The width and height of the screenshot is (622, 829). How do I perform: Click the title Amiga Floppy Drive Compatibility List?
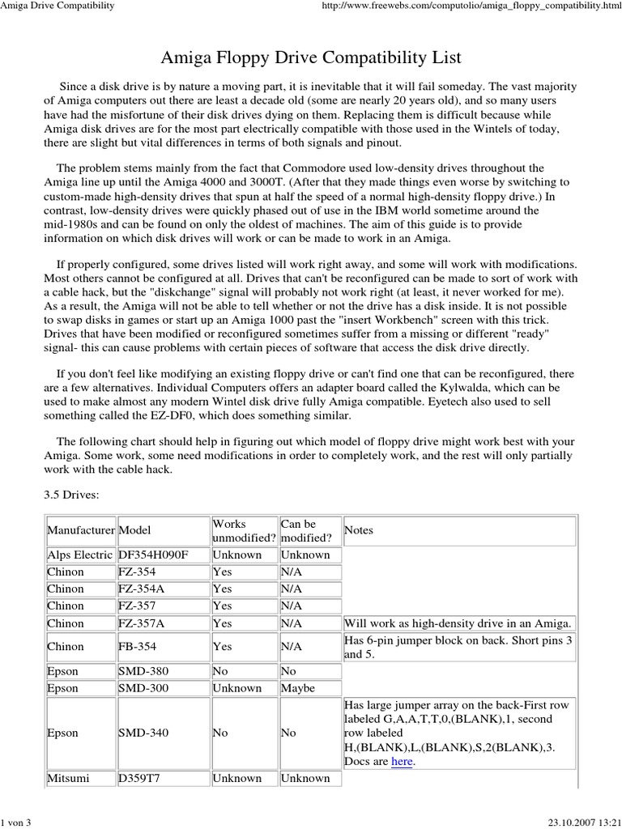point(311,57)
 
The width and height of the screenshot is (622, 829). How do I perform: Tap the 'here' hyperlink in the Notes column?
point(402,762)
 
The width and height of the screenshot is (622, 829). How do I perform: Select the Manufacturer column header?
point(81,530)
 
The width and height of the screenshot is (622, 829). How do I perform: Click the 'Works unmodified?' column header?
point(244,531)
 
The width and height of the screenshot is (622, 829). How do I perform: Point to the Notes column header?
point(359,530)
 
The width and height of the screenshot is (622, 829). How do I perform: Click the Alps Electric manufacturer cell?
point(80,555)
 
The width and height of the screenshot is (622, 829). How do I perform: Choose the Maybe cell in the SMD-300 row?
point(298,688)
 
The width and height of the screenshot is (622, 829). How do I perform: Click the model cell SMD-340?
point(144,733)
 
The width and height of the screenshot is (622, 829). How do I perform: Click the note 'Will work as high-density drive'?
point(458,623)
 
